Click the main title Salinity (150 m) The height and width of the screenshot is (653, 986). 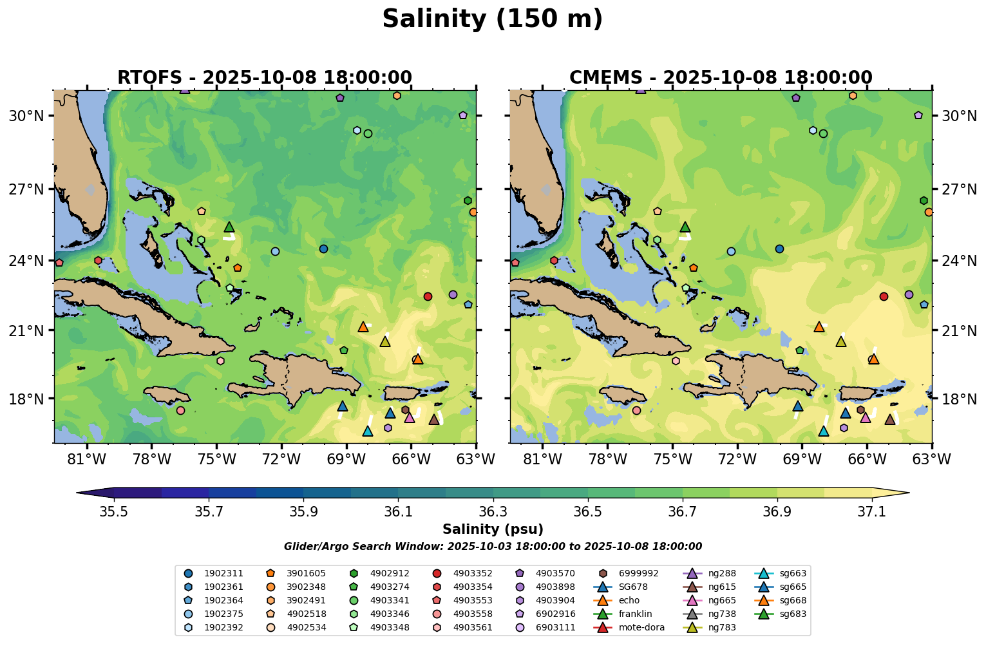[492, 19]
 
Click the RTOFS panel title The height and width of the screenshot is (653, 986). [264, 78]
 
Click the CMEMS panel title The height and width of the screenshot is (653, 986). [721, 78]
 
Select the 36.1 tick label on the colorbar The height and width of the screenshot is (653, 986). [398, 511]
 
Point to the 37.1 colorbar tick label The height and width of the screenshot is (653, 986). [872, 511]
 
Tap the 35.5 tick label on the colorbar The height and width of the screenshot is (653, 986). [114, 511]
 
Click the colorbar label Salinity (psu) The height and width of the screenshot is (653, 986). [493, 529]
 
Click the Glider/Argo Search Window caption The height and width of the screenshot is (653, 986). [493, 547]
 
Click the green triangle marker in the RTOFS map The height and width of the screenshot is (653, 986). [229, 227]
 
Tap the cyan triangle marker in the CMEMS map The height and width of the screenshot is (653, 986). [823, 431]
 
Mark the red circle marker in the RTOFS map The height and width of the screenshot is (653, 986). [428, 296]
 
